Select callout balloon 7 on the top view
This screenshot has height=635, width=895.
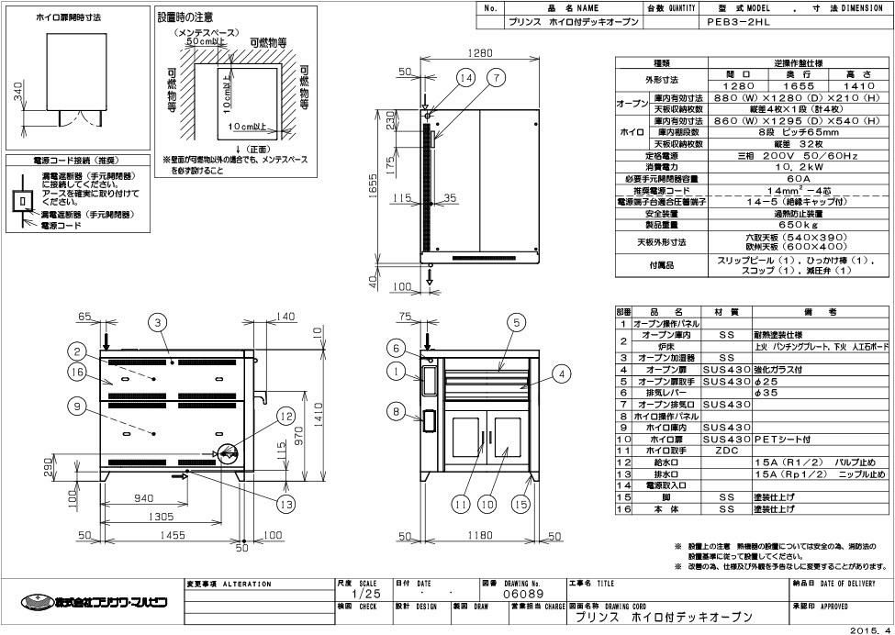[x=497, y=79]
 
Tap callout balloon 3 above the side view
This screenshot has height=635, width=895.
[x=158, y=321]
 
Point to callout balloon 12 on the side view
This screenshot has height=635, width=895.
[x=285, y=416]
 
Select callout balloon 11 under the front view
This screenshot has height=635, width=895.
[x=460, y=503]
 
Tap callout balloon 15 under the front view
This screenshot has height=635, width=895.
[x=521, y=503]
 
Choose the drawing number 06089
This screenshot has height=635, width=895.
[x=520, y=595]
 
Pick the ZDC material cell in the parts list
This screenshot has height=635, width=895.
[x=726, y=451]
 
